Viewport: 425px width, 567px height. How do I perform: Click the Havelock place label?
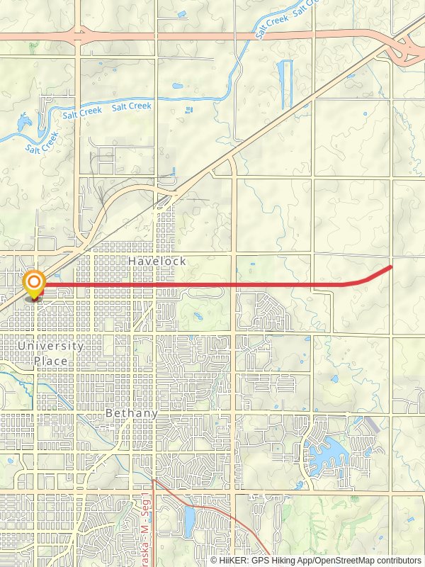tap(157, 262)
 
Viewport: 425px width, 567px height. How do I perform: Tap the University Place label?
tap(51, 354)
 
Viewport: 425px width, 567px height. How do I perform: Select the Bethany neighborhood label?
tap(131, 412)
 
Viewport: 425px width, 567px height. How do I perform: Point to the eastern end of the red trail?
tap(391, 266)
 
